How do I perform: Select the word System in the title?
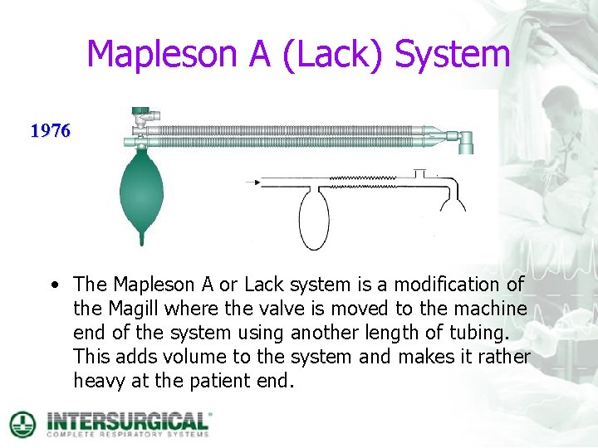pyautogui.click(x=452, y=55)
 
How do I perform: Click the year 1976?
pyautogui.click(x=51, y=131)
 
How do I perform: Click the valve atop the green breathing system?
pyautogui.click(x=142, y=115)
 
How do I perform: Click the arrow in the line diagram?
pyautogui.click(x=253, y=181)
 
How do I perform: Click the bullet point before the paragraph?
pyautogui.click(x=54, y=285)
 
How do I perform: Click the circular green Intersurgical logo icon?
pyautogui.click(x=22, y=423)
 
